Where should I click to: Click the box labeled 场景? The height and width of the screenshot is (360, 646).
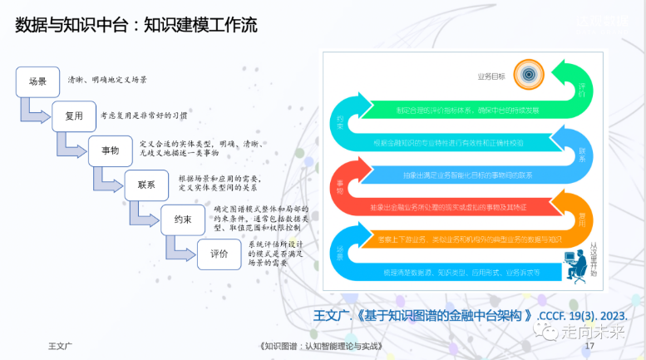point(37,81)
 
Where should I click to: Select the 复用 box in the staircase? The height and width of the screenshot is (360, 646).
point(73,116)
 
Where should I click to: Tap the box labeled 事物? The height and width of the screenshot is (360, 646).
point(110,151)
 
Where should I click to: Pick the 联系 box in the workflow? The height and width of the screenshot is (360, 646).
point(146,185)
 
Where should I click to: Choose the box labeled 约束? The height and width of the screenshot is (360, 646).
point(183,219)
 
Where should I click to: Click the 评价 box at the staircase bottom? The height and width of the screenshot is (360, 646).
point(219,254)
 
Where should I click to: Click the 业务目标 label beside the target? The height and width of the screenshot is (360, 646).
point(491,76)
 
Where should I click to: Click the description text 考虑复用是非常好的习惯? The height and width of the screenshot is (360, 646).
point(144,116)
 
